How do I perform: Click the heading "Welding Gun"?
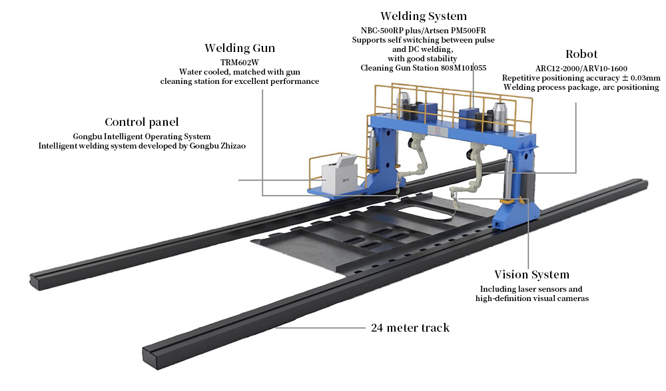click(239, 48)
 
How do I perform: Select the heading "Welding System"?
click(423, 16)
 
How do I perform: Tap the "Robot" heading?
click(581, 54)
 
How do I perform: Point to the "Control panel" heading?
click(141, 123)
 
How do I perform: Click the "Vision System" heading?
click(531, 274)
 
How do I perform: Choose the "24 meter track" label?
click(410, 328)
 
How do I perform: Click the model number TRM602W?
click(239, 61)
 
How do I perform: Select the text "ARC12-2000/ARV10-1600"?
click(581, 68)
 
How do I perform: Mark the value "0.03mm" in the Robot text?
click(645, 78)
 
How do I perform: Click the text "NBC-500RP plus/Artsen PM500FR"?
click(423, 30)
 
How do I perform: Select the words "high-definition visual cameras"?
click(531, 298)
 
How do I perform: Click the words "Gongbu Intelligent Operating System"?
click(142, 137)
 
